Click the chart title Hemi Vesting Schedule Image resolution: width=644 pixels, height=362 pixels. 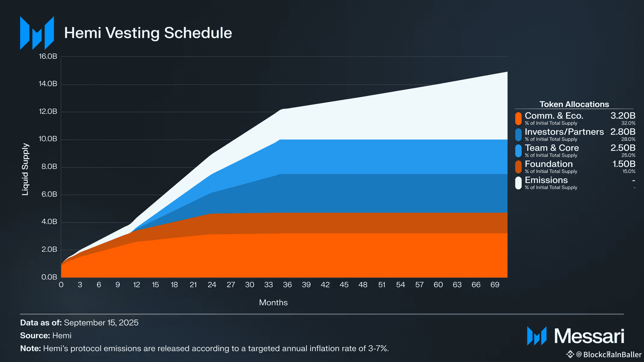[148, 33]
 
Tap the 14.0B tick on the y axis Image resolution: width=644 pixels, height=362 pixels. [48, 84]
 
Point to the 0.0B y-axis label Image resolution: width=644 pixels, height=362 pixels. [49, 277]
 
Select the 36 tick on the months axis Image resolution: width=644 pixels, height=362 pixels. [287, 285]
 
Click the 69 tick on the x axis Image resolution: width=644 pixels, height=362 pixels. [495, 285]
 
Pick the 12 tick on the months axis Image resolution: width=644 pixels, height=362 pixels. [136, 285]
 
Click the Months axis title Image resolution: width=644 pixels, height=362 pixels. [273, 303]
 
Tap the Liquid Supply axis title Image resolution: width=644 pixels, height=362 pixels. [25, 169]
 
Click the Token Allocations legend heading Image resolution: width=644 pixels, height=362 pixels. [574, 104]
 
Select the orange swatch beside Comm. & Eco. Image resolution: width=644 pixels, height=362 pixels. [518, 118]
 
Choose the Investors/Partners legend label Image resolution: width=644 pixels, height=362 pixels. [564, 132]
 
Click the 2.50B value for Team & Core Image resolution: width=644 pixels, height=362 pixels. [623, 148]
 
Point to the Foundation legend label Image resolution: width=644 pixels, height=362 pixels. [549, 164]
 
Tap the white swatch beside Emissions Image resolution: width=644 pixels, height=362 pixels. [518, 183]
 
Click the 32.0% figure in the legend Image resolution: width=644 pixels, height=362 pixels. [628, 123]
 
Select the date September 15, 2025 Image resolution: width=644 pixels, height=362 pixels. [101, 323]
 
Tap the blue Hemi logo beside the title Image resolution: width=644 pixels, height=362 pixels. [37, 33]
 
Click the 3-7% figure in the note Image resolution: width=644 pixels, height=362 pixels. [378, 348]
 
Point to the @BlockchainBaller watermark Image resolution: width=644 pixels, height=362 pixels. [609, 355]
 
